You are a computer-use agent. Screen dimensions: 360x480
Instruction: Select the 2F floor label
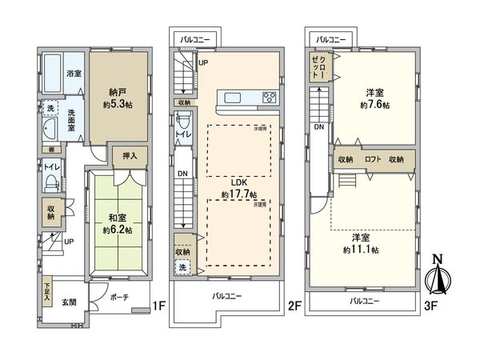point(294,305)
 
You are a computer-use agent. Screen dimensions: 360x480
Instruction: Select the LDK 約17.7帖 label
point(239,189)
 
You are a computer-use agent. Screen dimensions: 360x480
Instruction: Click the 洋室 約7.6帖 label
point(374,98)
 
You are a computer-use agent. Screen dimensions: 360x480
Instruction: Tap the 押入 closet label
point(130,156)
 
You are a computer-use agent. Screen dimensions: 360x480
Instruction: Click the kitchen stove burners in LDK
point(269,98)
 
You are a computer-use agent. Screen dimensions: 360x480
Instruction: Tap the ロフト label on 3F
point(373,159)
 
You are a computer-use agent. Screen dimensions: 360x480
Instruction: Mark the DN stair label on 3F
point(319,126)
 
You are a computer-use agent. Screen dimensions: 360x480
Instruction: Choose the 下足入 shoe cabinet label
point(47,287)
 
